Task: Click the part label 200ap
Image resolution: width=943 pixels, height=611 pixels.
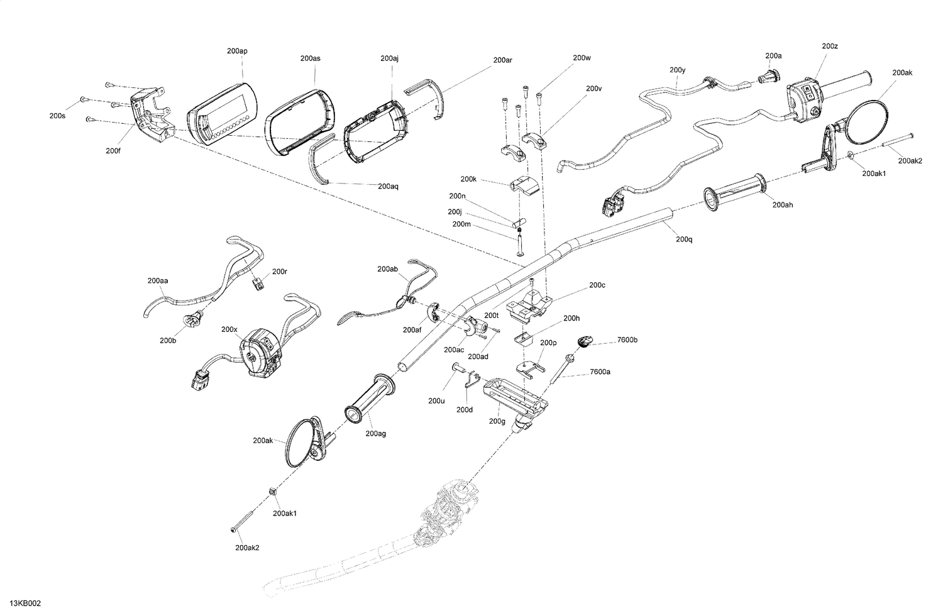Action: (x=237, y=51)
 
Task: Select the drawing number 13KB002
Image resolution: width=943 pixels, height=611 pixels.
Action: (x=25, y=603)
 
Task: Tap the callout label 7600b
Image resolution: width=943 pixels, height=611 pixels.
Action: (x=627, y=340)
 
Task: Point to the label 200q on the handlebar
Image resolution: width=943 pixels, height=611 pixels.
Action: (x=684, y=239)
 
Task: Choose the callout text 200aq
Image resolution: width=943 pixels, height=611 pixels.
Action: (x=388, y=186)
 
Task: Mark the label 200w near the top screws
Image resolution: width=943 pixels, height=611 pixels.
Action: (x=582, y=58)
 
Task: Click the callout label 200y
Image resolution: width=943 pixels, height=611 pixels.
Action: (x=677, y=70)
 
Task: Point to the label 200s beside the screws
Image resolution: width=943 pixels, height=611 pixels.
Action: (x=57, y=116)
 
